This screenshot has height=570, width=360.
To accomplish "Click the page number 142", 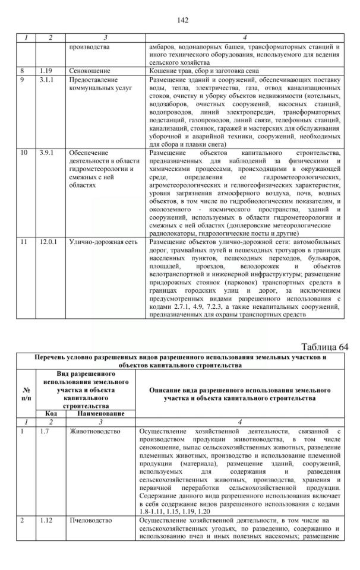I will (x=182, y=20).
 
